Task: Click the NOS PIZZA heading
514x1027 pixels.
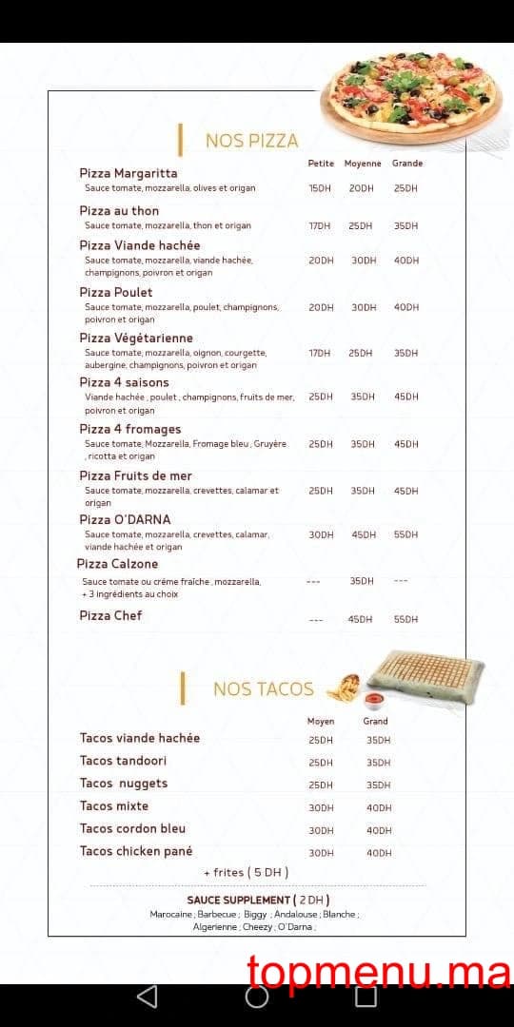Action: [251, 141]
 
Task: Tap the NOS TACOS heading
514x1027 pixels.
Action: [263, 688]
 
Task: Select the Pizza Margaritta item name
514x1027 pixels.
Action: [128, 173]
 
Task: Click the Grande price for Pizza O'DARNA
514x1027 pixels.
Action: [405, 534]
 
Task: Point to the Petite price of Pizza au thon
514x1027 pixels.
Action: [320, 226]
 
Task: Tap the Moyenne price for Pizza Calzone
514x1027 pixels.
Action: [362, 581]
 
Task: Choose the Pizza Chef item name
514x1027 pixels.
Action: [110, 615]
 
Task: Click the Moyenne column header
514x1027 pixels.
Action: [363, 164]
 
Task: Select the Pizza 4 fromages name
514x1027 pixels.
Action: [129, 429]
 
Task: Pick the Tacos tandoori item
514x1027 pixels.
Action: [123, 761]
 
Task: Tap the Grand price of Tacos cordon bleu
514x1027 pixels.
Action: [378, 830]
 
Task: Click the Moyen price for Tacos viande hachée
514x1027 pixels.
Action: [321, 740]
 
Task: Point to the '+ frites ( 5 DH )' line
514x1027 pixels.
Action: [246, 872]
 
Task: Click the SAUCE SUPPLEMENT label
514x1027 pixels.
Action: [239, 900]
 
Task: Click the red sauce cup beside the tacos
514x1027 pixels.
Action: [374, 701]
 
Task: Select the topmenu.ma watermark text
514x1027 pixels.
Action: [379, 972]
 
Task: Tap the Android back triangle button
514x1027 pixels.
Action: [148, 997]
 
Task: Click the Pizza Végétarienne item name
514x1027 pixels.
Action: [136, 338]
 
